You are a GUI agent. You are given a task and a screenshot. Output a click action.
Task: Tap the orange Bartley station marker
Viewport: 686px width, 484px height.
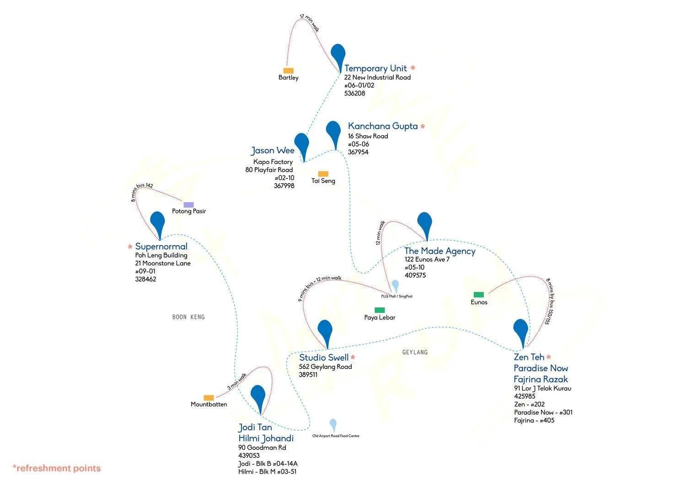(288, 71)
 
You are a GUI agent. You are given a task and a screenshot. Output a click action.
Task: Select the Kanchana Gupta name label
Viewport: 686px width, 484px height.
(383, 126)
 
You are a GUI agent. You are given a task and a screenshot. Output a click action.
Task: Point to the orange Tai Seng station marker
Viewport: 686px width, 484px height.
(323, 174)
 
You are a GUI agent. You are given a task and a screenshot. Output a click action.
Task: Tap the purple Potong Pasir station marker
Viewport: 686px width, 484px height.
(188, 205)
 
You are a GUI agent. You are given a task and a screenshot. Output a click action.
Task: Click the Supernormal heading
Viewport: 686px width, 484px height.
(161, 247)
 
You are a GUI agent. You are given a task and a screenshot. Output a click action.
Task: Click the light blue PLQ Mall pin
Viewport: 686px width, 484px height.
(395, 286)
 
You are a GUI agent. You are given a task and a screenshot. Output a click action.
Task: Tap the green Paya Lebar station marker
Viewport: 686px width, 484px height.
(380, 310)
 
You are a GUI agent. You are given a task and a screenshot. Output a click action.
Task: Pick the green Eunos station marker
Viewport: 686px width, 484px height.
(478, 295)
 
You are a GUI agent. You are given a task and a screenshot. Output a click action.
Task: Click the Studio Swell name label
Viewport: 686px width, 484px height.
(324, 358)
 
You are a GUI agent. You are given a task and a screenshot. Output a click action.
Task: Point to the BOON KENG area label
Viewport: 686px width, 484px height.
(188, 317)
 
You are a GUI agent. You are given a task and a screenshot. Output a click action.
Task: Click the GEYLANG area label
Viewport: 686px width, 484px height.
(415, 352)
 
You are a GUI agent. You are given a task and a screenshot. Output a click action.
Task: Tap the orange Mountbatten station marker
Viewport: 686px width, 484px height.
(209, 398)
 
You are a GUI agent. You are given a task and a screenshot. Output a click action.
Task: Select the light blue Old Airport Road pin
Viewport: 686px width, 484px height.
(333, 425)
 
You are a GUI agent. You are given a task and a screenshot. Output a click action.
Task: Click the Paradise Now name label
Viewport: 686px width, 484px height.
(541, 368)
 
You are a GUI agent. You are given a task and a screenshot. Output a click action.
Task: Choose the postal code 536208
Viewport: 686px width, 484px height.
(354, 93)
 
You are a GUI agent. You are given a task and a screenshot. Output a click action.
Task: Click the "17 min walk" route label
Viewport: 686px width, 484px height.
(309, 22)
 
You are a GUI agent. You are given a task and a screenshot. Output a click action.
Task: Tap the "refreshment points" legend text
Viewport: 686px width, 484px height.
(57, 468)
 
